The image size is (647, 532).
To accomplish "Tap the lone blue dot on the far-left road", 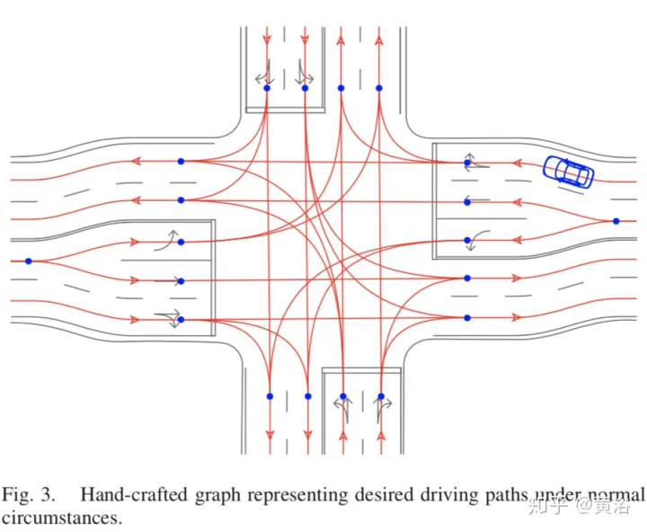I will pyautogui.click(x=29, y=261).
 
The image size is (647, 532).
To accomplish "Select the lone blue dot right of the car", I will pyautogui.click(x=616, y=220).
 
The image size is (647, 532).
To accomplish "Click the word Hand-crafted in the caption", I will pyautogui.click(x=123, y=493).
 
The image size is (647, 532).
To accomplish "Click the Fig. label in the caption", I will pyautogui.click(x=19, y=493).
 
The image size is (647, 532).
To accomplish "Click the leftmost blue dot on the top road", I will pyautogui.click(x=267, y=88).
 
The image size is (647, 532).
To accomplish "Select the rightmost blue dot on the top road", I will pyautogui.click(x=378, y=88).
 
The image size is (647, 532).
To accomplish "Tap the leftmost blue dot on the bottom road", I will pyautogui.click(x=270, y=395).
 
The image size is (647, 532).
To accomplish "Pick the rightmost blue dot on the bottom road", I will pyautogui.click(x=381, y=395).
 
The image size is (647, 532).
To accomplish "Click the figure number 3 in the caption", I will pyautogui.click(x=52, y=493).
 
